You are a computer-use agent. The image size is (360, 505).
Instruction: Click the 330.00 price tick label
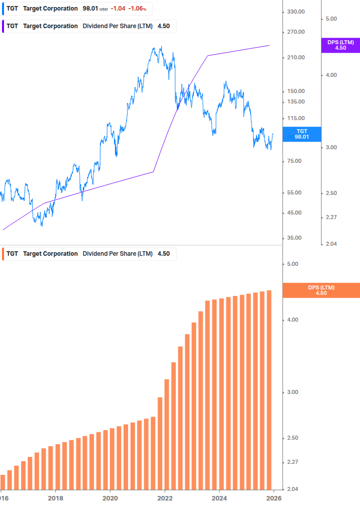point(296,12)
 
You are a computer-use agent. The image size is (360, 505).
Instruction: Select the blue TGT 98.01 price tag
point(301,134)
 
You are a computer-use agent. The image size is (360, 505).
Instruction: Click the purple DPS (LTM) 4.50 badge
point(340,45)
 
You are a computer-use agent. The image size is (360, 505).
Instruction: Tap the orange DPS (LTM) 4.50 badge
point(321,290)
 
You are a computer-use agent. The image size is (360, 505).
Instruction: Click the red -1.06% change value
point(137,9)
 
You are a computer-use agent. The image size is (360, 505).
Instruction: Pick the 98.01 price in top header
point(90,9)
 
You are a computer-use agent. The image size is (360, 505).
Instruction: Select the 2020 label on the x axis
point(110,498)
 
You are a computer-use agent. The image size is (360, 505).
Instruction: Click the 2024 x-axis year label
point(219,498)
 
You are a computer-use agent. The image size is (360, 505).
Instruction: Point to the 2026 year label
point(274,498)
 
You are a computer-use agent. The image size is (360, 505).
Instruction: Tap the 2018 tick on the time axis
point(55,498)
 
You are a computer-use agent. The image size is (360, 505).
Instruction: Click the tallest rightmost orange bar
point(269,389)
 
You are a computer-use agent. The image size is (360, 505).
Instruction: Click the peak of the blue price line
point(161,47)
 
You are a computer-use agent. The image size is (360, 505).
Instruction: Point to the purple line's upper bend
point(207,56)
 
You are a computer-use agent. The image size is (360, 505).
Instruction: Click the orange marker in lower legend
point(3,254)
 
